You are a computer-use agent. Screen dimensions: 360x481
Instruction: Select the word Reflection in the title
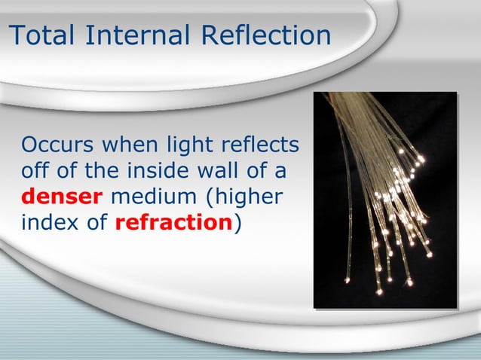click(263, 35)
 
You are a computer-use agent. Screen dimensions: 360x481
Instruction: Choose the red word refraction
click(173, 224)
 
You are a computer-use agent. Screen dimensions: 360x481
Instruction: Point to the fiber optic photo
click(385, 200)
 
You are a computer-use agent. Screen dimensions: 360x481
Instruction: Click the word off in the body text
click(35, 171)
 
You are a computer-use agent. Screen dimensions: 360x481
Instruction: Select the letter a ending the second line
click(280, 172)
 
